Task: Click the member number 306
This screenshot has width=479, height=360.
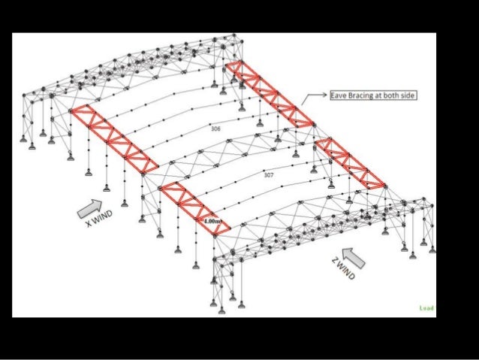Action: pyautogui.click(x=216, y=129)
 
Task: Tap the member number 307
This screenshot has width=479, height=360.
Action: pyautogui.click(x=268, y=174)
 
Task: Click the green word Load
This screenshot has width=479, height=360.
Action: pyautogui.click(x=426, y=307)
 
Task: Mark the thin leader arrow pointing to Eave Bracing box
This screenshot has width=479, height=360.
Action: pyautogui.click(x=314, y=98)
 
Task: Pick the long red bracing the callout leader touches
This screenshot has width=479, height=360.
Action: pyautogui.click(x=270, y=94)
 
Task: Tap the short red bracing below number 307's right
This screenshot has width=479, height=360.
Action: pyautogui.click(x=351, y=162)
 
